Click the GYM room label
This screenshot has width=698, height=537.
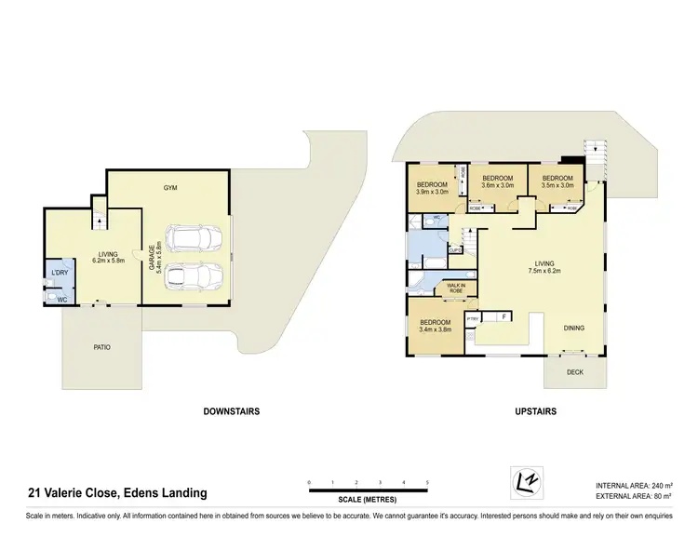click(x=170, y=188)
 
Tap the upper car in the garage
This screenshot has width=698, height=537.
click(x=193, y=237)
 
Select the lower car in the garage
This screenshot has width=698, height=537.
click(x=193, y=275)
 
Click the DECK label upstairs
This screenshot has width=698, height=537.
click(x=576, y=371)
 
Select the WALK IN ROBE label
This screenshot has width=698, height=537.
click(x=456, y=289)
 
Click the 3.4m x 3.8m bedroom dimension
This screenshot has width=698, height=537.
click(x=435, y=329)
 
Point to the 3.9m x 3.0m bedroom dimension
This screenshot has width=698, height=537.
click(x=433, y=193)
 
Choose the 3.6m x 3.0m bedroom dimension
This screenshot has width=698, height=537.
click(x=497, y=185)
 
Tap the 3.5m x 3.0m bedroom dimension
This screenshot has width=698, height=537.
click(x=557, y=185)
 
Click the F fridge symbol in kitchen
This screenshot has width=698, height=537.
click(x=503, y=317)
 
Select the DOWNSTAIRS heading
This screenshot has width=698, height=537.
click(x=231, y=410)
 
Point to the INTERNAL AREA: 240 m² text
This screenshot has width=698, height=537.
click(x=634, y=486)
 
